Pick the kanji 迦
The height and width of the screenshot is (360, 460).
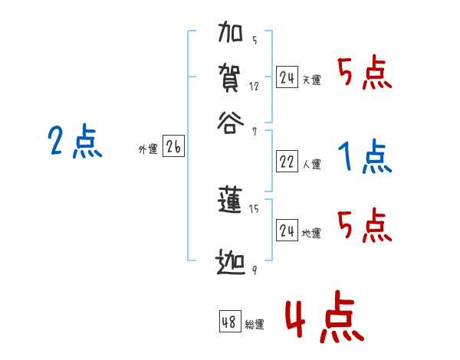[x=232, y=263]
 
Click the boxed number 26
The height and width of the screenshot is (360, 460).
[x=173, y=148]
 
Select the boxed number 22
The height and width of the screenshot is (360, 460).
[x=287, y=162]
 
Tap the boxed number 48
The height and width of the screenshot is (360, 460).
[x=229, y=322]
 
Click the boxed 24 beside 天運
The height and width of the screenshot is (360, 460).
[x=287, y=77]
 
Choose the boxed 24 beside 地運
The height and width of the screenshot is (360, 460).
[x=287, y=231]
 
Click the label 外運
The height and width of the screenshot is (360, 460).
[x=148, y=150]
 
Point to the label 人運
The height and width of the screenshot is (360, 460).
[x=312, y=164]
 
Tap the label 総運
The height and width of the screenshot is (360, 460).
[x=255, y=325]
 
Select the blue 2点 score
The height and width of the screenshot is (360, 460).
[x=74, y=142]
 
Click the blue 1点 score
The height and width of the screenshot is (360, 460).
[x=364, y=157]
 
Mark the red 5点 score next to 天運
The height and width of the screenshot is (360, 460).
[x=364, y=74]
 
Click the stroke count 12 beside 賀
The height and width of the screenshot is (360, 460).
[x=255, y=87]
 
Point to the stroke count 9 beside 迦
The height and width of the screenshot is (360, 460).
[x=254, y=270]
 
